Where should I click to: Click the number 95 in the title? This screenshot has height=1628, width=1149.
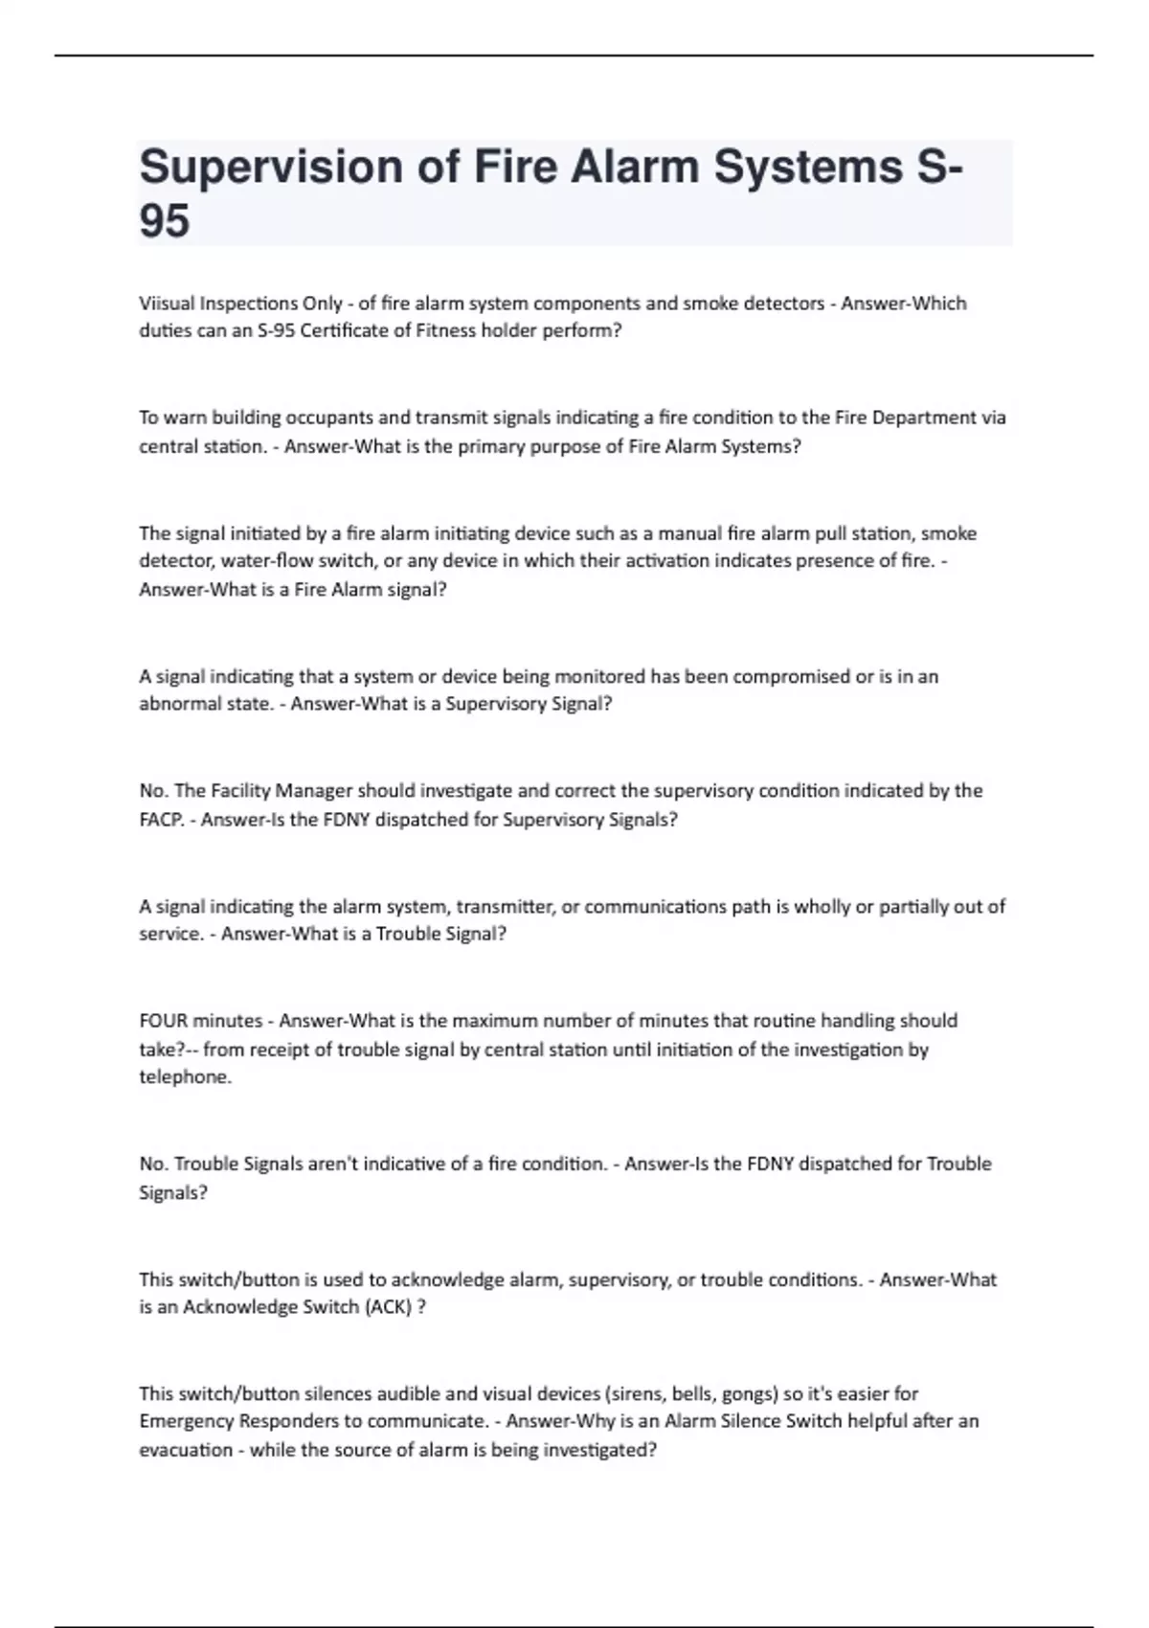click(165, 221)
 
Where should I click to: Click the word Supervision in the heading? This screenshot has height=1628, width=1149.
click(271, 167)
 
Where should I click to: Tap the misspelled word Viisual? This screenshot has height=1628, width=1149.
click(166, 304)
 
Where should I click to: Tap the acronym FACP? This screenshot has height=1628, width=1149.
click(160, 820)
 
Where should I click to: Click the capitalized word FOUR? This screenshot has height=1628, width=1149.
click(164, 1021)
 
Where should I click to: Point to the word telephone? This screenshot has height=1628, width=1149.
click(184, 1077)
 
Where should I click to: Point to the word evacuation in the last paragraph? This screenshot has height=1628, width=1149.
click(187, 1450)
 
